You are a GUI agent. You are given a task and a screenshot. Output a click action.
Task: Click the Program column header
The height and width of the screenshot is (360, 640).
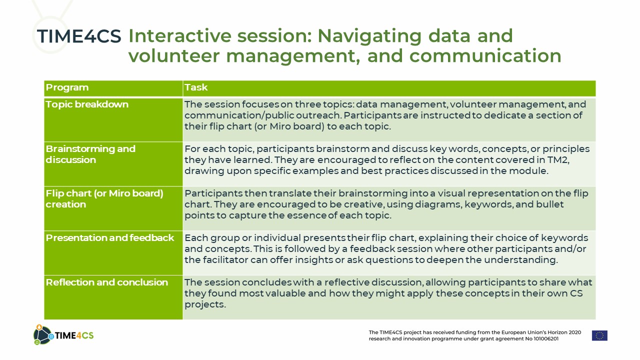point(67,87)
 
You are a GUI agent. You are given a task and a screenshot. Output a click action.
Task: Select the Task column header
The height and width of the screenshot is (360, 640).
point(196,87)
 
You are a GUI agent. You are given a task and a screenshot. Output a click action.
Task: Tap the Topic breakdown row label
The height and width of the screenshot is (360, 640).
point(87,104)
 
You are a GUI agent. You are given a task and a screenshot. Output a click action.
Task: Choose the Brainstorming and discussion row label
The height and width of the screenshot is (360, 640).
point(90,154)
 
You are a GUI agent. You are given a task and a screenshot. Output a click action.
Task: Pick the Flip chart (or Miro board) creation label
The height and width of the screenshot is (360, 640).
point(104,199)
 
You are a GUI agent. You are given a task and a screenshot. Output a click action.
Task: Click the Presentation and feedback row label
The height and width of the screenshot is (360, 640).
point(110,237)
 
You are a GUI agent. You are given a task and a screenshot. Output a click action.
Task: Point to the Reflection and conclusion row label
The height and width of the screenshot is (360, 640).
point(107,282)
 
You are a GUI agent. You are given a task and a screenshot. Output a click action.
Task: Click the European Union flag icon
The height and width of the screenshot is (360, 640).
point(599,335)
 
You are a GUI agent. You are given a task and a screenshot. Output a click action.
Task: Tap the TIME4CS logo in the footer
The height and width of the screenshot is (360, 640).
point(63,335)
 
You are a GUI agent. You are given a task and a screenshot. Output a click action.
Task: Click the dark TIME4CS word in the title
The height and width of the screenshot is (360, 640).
point(79,36)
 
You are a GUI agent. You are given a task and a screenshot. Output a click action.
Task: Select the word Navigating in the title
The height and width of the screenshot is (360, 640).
point(369,36)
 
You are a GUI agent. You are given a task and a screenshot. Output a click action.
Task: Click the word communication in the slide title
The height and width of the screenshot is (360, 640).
point(485,55)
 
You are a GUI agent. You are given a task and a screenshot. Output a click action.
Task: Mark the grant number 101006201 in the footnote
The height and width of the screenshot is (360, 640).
point(546,339)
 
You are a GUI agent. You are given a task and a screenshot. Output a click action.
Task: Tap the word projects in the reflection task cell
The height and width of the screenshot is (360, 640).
point(204,305)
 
